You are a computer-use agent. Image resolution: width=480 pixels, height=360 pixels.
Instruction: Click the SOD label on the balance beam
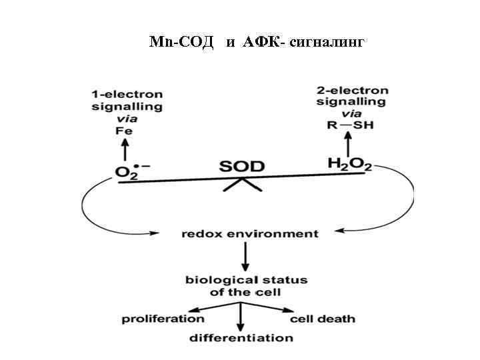[x=242, y=167]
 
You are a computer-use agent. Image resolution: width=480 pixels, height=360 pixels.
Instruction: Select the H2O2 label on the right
[x=349, y=163]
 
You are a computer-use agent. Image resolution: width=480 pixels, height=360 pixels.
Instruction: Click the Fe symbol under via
[x=125, y=131]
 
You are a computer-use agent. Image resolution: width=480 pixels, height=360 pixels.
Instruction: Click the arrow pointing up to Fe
[x=125, y=150]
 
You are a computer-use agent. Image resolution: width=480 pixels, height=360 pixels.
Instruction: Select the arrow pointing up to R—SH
[x=347, y=143]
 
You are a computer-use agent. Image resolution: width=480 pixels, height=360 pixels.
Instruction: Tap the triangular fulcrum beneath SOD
[x=242, y=185]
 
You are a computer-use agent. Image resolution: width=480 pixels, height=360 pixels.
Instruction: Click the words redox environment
[x=250, y=234]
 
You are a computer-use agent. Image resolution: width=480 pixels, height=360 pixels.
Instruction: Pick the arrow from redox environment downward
[x=246, y=257]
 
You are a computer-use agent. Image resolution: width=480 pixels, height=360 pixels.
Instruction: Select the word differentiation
[x=241, y=338]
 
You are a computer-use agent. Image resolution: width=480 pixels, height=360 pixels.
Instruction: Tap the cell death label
[x=323, y=319]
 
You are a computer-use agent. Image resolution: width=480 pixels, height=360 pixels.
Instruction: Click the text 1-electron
[x=127, y=94]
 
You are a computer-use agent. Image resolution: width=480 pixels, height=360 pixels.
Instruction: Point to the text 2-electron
[x=353, y=90]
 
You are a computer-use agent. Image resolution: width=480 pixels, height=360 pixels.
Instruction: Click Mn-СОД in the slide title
[x=181, y=43]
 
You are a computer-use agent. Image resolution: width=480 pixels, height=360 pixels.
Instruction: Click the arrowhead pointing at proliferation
[x=191, y=310]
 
